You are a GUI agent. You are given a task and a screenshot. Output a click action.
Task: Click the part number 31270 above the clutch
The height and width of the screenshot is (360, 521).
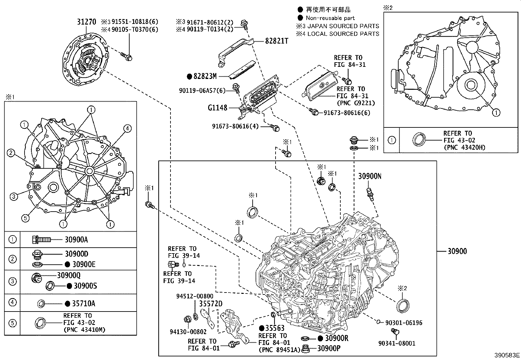[x=86, y=22]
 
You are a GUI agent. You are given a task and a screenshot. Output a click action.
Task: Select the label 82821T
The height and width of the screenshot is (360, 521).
[x=277, y=41]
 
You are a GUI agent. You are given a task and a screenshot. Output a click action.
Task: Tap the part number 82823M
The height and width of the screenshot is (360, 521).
[x=205, y=77]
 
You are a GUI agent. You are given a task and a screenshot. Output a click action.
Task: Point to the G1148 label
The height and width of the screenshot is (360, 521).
[x=217, y=108]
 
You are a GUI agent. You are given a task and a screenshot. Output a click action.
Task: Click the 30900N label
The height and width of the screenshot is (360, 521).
[x=369, y=176]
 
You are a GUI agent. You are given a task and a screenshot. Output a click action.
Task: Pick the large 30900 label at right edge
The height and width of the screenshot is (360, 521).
[x=457, y=252]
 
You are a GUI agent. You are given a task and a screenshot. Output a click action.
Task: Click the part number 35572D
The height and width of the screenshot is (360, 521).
[x=211, y=304]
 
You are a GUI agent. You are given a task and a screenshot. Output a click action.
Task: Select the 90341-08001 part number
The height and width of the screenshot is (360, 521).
[x=397, y=343]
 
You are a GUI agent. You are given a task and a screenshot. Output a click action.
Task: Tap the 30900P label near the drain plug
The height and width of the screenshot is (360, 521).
[x=329, y=348]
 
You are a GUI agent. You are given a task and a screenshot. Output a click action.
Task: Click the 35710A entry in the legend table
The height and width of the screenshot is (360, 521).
[x=83, y=303]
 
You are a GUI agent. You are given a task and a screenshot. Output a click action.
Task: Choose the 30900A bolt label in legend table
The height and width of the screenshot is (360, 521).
[x=76, y=240]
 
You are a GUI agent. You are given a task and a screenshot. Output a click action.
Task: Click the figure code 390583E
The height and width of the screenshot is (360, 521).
[x=507, y=355]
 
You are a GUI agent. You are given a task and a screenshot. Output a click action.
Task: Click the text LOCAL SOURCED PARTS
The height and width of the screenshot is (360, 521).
[x=343, y=33]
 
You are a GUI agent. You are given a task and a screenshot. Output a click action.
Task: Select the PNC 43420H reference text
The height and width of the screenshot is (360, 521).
[x=464, y=147]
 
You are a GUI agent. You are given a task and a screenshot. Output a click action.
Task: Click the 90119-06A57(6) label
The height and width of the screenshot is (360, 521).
[x=202, y=90]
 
